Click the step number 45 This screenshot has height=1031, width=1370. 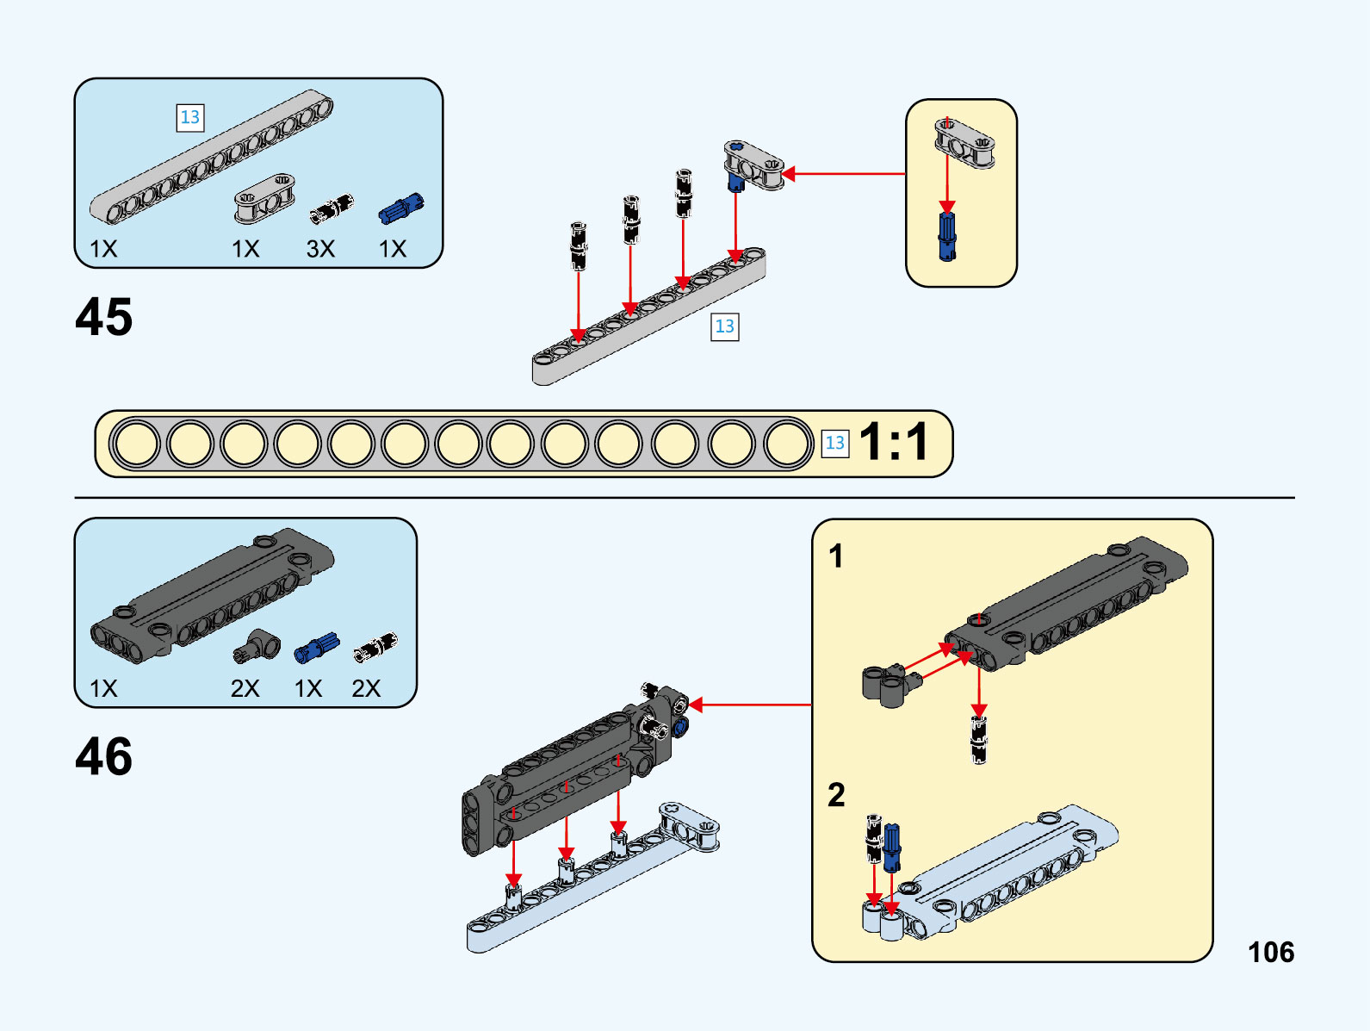click(x=104, y=317)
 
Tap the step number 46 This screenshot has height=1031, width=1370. click(x=104, y=756)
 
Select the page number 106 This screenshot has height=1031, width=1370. click(x=1270, y=952)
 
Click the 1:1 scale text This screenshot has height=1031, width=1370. click(x=894, y=442)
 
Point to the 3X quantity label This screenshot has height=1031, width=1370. click(x=320, y=249)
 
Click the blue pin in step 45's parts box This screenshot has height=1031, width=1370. click(x=401, y=208)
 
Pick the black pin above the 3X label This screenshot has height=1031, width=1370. click(x=332, y=208)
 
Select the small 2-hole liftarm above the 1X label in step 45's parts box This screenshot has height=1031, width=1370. click(x=264, y=198)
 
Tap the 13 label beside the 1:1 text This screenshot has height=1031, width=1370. click(x=834, y=443)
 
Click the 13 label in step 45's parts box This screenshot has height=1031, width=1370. click(x=189, y=117)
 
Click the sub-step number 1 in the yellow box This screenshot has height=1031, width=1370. click(x=835, y=556)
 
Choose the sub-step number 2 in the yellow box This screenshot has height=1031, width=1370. click(x=835, y=794)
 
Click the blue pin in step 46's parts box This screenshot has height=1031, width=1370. click(x=317, y=648)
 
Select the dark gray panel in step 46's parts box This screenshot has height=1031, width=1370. click(x=212, y=596)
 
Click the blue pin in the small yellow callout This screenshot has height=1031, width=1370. click(x=947, y=236)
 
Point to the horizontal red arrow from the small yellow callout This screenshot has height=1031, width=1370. click(x=844, y=174)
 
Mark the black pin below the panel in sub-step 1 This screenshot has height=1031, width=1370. click(x=979, y=739)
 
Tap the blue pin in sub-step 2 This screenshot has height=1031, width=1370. click(x=892, y=848)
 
